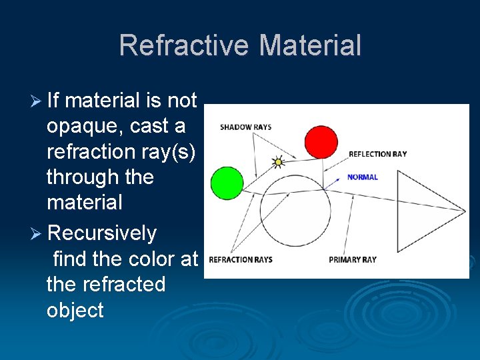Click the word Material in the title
point(310,45)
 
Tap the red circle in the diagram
point(321,141)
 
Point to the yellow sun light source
point(279,161)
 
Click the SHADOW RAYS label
point(245,127)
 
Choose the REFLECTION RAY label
point(377,154)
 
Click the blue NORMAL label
point(362,177)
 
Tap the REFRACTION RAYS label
point(241,260)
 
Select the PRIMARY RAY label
point(352,260)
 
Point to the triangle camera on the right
point(427,211)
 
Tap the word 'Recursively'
point(102,234)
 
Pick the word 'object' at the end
point(75,311)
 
